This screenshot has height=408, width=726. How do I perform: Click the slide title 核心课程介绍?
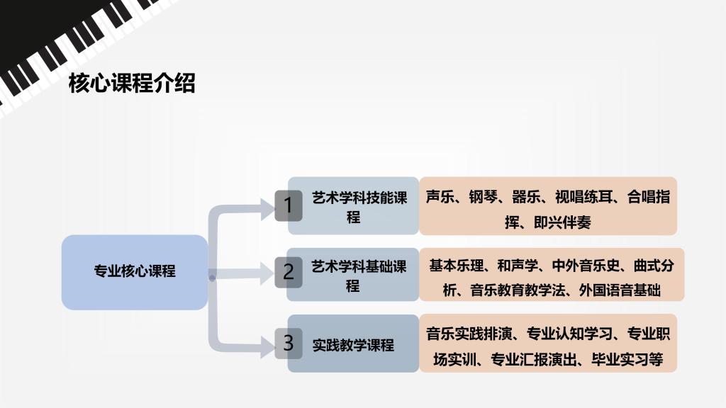(132, 84)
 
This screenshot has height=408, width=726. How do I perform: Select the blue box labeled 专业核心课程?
(135, 272)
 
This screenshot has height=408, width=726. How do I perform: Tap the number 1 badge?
(288, 205)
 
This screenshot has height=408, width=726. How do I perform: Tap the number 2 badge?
(288, 272)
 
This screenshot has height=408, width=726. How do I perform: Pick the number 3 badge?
(288, 344)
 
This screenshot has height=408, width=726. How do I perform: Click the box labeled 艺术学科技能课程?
(353, 206)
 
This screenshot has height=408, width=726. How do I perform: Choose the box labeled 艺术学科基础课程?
(353, 275)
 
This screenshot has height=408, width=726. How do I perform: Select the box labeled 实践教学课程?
(353, 344)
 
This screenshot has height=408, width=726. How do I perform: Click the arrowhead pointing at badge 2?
(267, 273)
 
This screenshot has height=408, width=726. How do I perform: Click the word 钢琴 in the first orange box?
(483, 197)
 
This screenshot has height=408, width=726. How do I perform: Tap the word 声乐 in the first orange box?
(440, 197)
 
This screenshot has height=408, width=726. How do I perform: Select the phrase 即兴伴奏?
(562, 222)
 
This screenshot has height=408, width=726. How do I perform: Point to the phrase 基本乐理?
(457, 266)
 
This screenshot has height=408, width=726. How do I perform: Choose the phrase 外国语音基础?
(620, 290)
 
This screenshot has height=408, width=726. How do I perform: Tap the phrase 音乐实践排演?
(469, 334)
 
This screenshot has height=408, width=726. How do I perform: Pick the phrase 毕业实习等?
(627, 359)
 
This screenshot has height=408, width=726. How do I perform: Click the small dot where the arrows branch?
(212, 278)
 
